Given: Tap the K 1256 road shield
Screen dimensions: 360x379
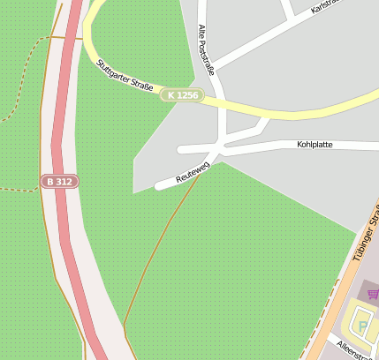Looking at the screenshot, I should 183,94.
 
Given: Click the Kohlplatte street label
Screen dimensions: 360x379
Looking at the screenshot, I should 315,144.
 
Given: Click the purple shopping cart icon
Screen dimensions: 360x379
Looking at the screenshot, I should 373,294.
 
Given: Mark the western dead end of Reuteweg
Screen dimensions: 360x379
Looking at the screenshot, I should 159,186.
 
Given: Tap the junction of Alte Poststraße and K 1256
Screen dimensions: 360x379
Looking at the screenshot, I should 221,101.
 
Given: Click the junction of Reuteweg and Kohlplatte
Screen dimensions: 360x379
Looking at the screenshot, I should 221,150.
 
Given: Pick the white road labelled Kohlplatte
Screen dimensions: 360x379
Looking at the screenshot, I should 265,145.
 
